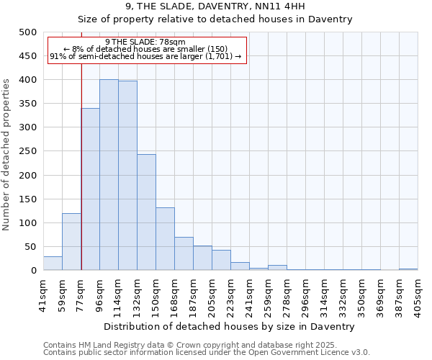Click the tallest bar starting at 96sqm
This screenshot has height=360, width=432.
tap(109, 175)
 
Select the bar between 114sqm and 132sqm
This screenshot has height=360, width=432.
tap(127, 176)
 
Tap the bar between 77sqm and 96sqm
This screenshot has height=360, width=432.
tap(90, 189)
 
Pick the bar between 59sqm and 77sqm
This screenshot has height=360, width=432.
tap(71, 242)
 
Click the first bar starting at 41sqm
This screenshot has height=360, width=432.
tap(53, 264)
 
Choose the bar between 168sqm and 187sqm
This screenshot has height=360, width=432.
tap(184, 253)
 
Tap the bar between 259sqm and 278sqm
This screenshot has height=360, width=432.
tap(277, 268)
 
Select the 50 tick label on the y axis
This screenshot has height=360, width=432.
tap(30, 247)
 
